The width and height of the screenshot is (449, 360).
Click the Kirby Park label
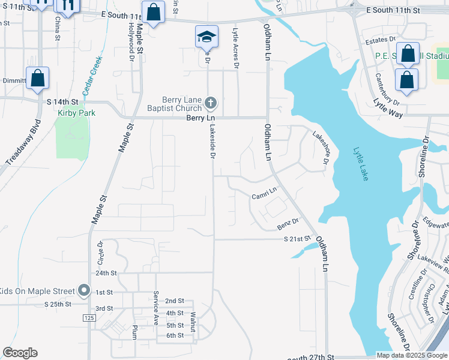73,113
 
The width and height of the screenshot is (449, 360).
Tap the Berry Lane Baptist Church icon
210,104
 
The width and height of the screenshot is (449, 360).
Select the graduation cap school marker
206,37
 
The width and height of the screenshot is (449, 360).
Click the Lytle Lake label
360,166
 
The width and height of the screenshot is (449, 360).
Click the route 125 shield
89,317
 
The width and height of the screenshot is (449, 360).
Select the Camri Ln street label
264,193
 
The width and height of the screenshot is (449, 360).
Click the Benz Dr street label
288,223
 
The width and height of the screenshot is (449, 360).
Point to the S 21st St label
298,239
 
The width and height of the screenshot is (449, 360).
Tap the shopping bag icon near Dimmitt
37,79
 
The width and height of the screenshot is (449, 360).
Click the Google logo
20,353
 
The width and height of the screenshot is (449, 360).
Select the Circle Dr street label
100,253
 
